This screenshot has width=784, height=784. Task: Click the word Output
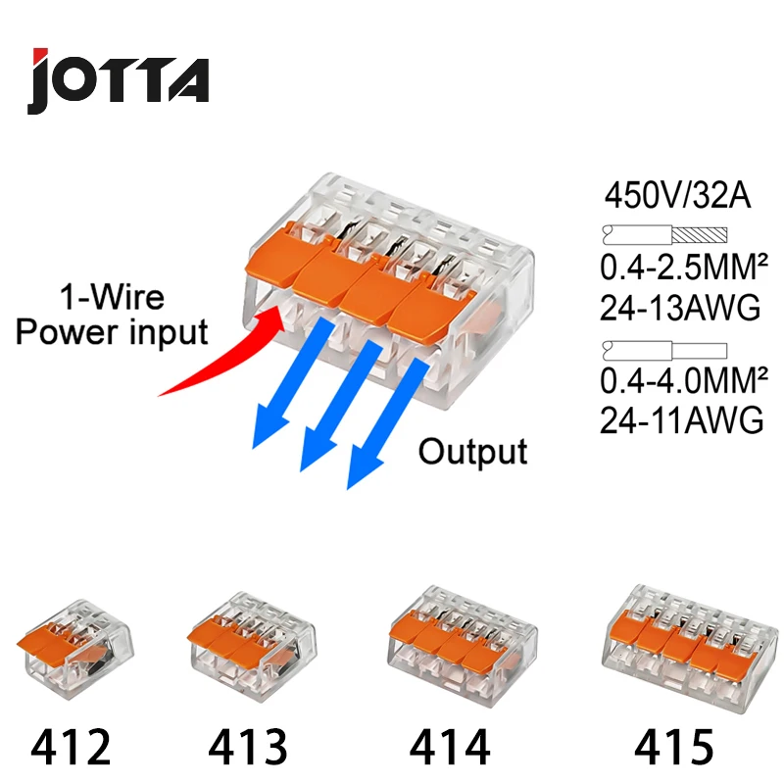click(x=472, y=451)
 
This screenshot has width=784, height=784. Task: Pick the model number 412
click(x=72, y=748)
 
